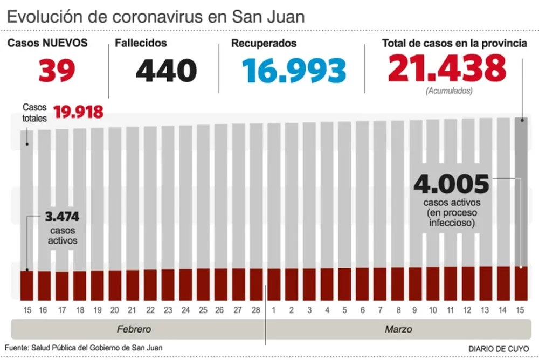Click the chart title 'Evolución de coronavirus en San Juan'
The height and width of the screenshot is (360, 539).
(x=156, y=16)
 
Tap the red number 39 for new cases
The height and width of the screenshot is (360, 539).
(x=57, y=70)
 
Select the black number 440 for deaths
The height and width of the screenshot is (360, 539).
(x=166, y=71)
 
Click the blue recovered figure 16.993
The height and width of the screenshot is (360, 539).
(x=294, y=71)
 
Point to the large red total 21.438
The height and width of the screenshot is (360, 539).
(x=447, y=68)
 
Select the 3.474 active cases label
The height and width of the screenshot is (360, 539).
(x=63, y=217)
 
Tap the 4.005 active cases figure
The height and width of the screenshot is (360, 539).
(x=451, y=185)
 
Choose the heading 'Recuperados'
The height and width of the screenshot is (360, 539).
(x=264, y=44)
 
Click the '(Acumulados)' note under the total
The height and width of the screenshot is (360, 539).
(x=448, y=91)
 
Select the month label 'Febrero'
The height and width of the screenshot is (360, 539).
(x=134, y=329)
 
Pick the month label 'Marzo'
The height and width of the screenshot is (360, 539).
(x=399, y=329)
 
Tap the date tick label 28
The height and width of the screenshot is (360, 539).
(x=256, y=310)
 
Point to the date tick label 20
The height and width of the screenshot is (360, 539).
(x=115, y=310)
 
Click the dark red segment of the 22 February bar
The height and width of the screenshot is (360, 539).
(x=150, y=285)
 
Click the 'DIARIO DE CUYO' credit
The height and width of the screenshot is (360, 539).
(x=499, y=349)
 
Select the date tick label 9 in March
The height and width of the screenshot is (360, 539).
(x=415, y=310)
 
